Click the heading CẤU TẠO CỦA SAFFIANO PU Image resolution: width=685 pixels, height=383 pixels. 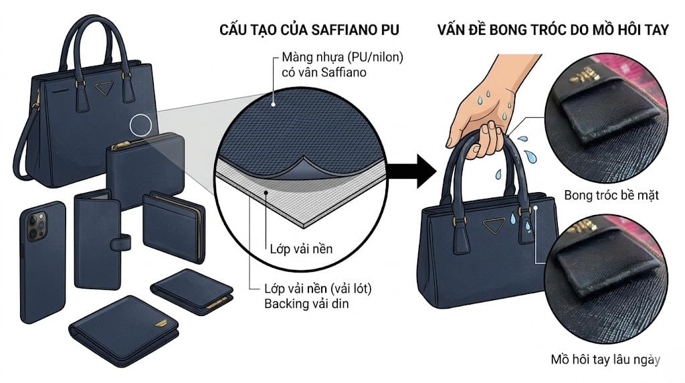tap(310, 31)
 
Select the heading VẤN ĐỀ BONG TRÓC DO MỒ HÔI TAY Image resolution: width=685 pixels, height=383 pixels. tap(553, 31)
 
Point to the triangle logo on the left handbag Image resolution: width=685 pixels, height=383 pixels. tap(104, 88)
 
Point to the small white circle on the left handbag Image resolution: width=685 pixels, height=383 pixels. tap(142, 125)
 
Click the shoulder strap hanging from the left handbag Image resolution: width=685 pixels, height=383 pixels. tap(21, 154)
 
